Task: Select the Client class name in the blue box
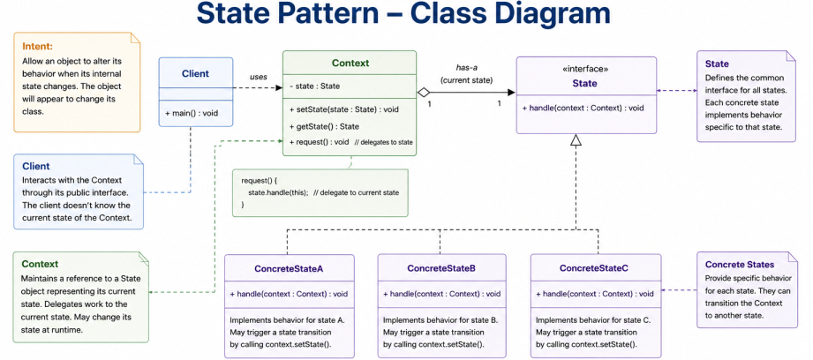195,73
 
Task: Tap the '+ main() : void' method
192,114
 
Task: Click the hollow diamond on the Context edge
424,93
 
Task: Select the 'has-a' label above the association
467,67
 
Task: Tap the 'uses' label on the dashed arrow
259,77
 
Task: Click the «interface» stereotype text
586,68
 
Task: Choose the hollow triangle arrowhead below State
576,140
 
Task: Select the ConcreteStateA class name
289,269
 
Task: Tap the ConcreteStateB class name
441,268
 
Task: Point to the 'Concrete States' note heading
740,264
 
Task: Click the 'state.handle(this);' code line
278,192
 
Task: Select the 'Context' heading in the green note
40,264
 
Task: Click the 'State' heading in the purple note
717,64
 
